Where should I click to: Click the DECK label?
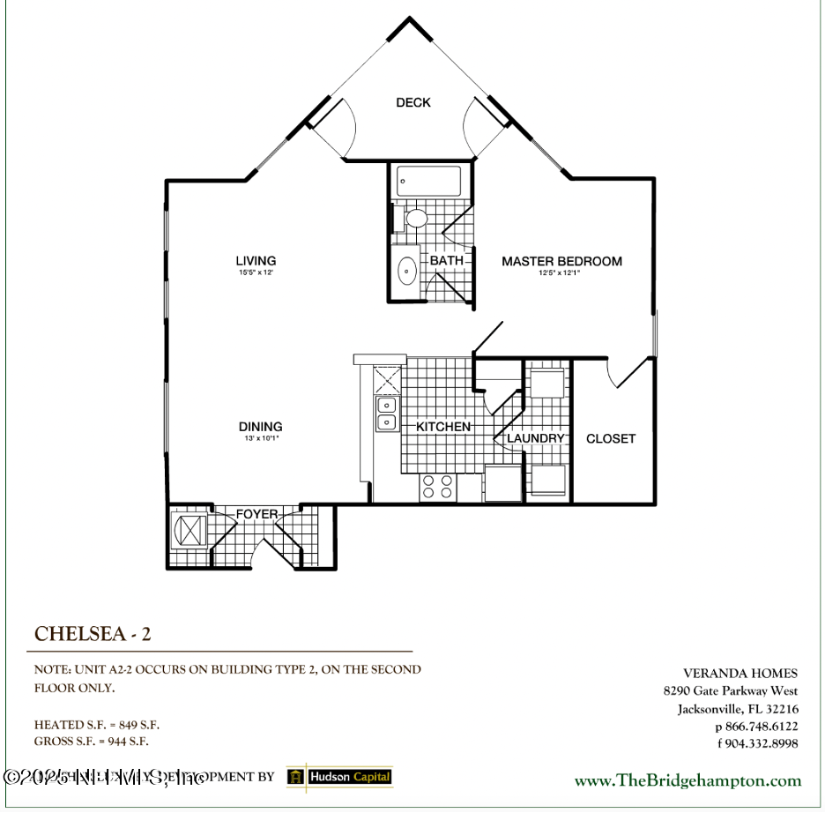pyautogui.click(x=412, y=102)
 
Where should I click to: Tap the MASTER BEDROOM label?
pyautogui.click(x=561, y=261)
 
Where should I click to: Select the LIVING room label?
pyautogui.click(x=256, y=260)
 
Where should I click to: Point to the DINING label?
pyautogui.click(x=260, y=427)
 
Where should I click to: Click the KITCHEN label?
pyautogui.click(x=443, y=427)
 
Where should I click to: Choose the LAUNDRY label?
pyautogui.click(x=535, y=438)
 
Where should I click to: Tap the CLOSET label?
pyautogui.click(x=611, y=438)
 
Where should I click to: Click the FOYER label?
pyautogui.click(x=256, y=514)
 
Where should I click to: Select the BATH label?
pyautogui.click(x=446, y=260)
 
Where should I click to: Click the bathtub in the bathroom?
pyautogui.click(x=429, y=181)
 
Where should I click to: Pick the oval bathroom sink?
pyautogui.click(x=408, y=271)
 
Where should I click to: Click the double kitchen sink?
pyautogui.click(x=387, y=414)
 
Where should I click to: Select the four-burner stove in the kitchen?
pyautogui.click(x=438, y=487)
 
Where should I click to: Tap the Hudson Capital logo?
pyautogui.click(x=339, y=777)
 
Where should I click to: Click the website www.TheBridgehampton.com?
pyautogui.click(x=687, y=780)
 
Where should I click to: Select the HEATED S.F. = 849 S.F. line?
pyautogui.click(x=97, y=725)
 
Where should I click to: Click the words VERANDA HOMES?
pyautogui.click(x=740, y=674)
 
